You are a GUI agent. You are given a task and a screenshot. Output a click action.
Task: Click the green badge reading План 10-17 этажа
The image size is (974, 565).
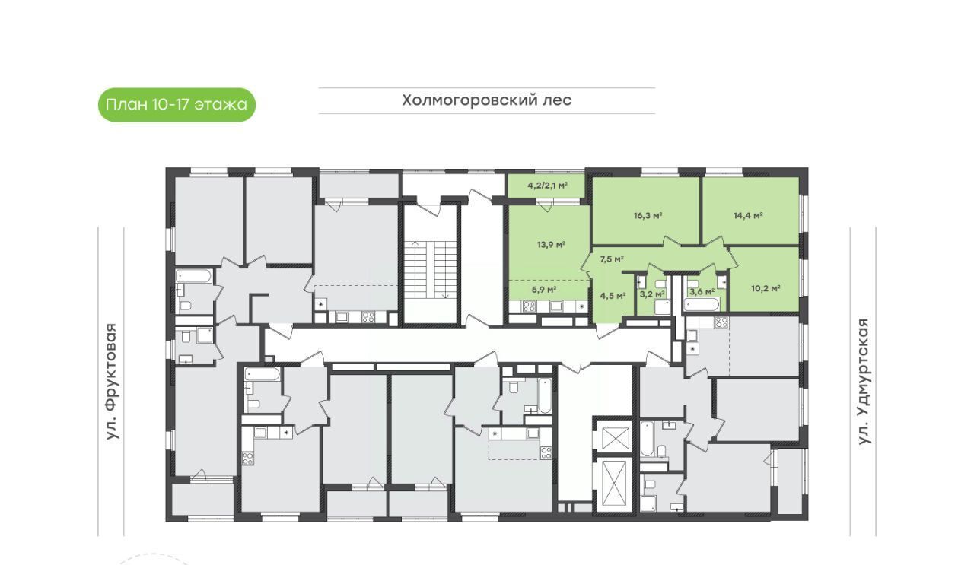(177, 105)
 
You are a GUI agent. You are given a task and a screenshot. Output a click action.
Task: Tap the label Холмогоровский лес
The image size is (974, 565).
(486, 100)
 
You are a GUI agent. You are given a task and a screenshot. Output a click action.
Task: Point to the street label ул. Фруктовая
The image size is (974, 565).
(112, 381)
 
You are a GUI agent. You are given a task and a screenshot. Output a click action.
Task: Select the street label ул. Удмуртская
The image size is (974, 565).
(864, 381)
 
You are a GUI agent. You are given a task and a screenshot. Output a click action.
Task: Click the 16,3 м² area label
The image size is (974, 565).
(648, 215)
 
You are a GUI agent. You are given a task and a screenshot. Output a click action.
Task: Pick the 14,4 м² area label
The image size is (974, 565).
(748, 215)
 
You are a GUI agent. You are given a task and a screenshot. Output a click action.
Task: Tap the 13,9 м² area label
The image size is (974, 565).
(551, 245)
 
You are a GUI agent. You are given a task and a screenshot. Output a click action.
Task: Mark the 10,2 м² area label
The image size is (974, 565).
(766, 289)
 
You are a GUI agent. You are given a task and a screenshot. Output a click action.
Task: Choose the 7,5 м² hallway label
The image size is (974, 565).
(612, 259)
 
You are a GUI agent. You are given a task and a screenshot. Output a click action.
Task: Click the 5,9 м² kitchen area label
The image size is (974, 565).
(544, 289)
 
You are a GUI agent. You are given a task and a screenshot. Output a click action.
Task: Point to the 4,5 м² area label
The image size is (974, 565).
(613, 296)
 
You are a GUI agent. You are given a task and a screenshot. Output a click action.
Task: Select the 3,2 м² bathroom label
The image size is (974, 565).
(652, 294)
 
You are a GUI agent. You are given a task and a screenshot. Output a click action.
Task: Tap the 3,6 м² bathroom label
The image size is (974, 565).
(702, 291)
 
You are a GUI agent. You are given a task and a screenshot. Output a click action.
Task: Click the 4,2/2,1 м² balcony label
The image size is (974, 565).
(547, 186)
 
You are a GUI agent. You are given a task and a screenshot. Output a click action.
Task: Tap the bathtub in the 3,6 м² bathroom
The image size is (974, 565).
(701, 304)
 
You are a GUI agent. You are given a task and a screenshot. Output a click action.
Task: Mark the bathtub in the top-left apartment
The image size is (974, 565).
(194, 276)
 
